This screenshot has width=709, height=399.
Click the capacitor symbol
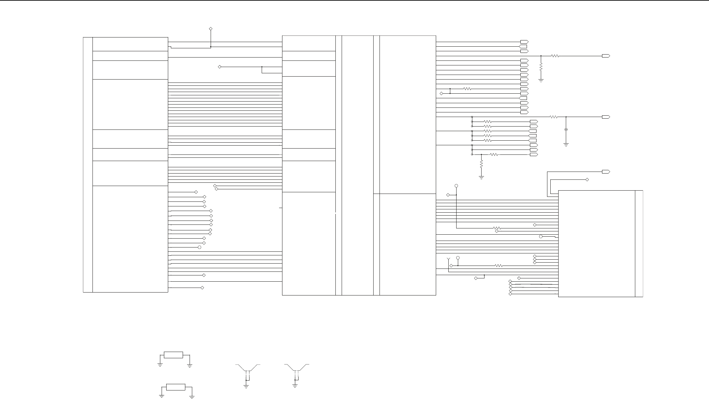(566, 130)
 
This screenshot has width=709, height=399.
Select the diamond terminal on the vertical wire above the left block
(211, 29)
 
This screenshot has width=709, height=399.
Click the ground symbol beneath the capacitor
(566, 144)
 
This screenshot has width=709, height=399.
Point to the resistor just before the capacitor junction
(554, 117)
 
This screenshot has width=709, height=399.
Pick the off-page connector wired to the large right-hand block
(606, 172)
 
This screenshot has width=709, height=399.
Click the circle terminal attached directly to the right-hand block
(541, 237)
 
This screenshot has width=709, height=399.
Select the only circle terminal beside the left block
(199, 247)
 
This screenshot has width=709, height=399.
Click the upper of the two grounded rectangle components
(173, 355)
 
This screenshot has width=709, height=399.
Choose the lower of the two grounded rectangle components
(176, 387)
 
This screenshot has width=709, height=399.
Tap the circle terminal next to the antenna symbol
(458, 258)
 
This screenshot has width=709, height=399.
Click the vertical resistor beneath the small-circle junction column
(481, 163)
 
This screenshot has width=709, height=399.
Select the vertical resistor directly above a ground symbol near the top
(541, 66)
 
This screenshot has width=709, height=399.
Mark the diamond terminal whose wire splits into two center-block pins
(220, 67)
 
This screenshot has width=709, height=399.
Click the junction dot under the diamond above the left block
(211, 47)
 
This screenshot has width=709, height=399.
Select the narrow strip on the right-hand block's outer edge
(639, 244)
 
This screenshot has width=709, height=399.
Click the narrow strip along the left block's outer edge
(88, 165)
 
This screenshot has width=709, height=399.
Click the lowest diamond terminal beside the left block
(202, 288)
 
